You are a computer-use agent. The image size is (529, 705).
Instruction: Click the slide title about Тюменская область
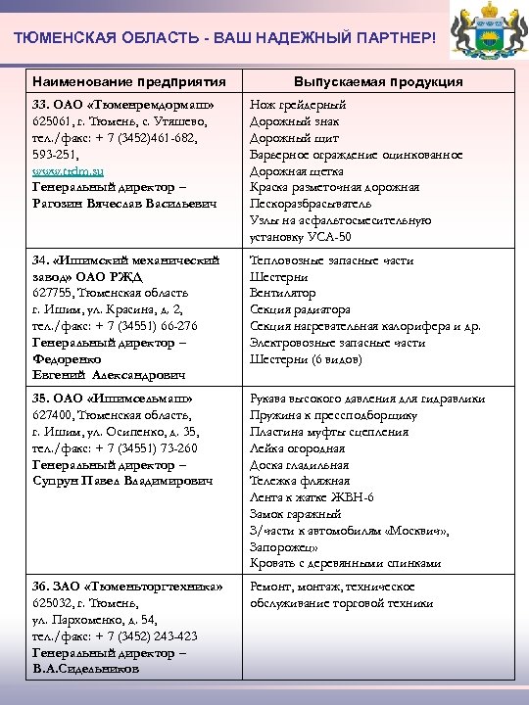pyautogui.click(x=221, y=37)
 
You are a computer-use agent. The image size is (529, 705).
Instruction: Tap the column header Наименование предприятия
pyautogui.click(x=128, y=81)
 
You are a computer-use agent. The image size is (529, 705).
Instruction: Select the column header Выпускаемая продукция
pyautogui.click(x=378, y=81)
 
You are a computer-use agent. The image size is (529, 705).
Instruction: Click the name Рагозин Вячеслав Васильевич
pyautogui.click(x=122, y=203)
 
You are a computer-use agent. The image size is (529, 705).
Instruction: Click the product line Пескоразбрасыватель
pyautogui.click(x=310, y=203)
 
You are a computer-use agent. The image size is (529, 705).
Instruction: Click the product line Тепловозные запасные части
pyautogui.click(x=332, y=260)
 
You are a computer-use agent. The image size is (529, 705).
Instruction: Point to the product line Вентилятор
pyautogui.click(x=283, y=294)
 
